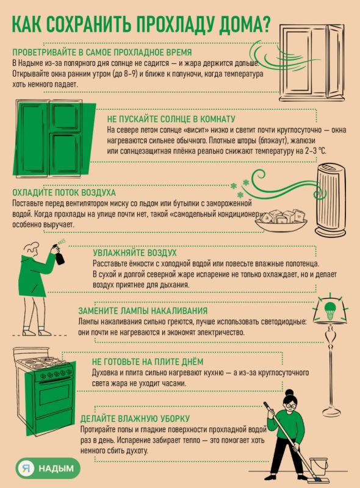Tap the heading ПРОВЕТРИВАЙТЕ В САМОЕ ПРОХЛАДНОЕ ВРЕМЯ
pyautogui.click(x=102, y=52)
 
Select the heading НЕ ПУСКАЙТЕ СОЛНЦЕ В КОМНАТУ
pyautogui.click(x=171, y=119)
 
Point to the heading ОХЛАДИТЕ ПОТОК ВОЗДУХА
pyautogui.click(x=64, y=192)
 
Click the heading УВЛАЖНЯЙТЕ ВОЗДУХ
pyautogui.click(x=134, y=253)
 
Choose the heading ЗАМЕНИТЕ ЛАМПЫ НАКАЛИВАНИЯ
pyautogui.click(x=143, y=310)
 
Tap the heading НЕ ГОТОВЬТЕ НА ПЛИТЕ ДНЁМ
pyautogui.click(x=148, y=362)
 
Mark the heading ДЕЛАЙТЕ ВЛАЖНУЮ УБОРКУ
pyautogui.click(x=135, y=418)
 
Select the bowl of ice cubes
pyautogui.click(x=281, y=220)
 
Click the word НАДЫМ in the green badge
pyautogui.click(x=56, y=468)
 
